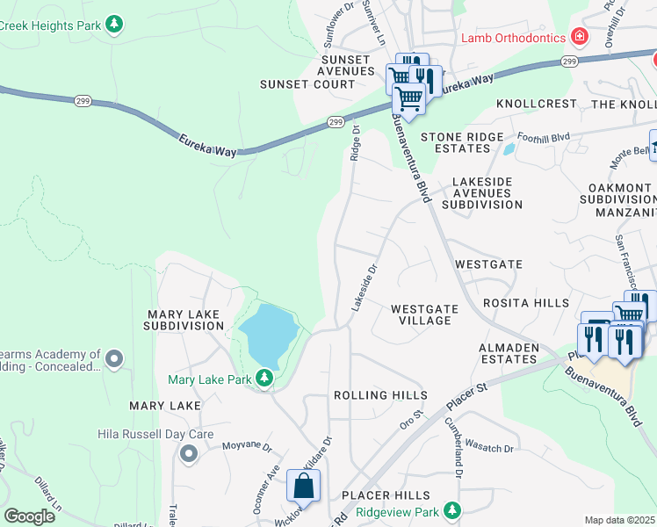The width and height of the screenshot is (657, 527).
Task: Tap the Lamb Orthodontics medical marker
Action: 579,37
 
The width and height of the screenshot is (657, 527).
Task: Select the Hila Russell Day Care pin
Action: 188,453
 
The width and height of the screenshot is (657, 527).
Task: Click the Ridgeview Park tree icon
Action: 451,510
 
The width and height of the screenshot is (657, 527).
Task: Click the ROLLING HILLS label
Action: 380,395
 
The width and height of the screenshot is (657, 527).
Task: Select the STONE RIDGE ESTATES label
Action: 462,143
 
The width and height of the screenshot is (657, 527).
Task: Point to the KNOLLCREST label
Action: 536,104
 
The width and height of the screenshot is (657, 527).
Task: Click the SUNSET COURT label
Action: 307,84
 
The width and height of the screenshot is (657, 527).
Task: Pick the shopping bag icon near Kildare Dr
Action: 303,485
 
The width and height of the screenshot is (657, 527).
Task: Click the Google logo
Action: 30,516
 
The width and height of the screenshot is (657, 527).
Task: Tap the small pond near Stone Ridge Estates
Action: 509,148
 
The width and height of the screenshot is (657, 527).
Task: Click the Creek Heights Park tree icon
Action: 114,24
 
